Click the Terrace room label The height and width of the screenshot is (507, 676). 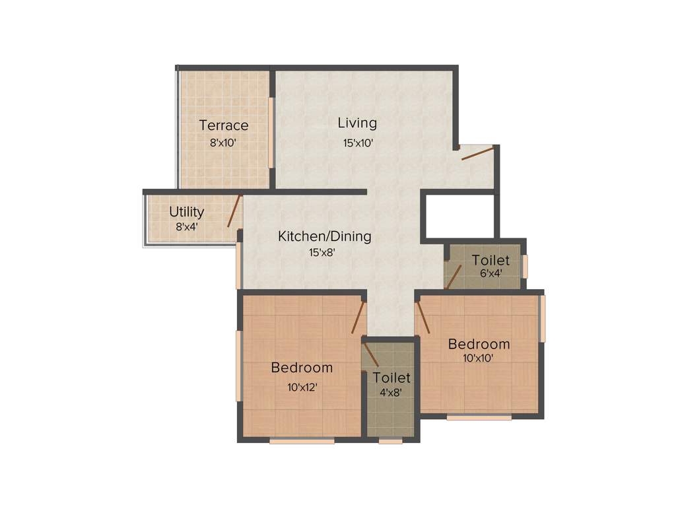pyautogui.click(x=224, y=125)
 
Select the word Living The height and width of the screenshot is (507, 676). pyautogui.click(x=357, y=123)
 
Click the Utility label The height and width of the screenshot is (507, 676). pyautogui.click(x=187, y=212)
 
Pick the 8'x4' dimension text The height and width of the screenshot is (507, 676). pyautogui.click(x=187, y=226)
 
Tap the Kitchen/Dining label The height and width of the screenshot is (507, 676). pyautogui.click(x=324, y=236)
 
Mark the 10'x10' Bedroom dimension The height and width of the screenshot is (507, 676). pyautogui.click(x=479, y=358)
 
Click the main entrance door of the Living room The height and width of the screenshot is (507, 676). pyautogui.click(x=477, y=154)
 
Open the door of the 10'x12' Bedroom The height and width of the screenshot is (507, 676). pyautogui.click(x=358, y=316)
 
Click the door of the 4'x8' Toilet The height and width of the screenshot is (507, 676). pyautogui.click(x=370, y=352)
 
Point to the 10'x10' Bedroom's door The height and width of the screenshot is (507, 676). pyautogui.click(x=422, y=317)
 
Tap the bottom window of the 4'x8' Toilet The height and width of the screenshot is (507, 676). pyautogui.click(x=391, y=441)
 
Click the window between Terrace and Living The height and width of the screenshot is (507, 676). pyautogui.click(x=271, y=133)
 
